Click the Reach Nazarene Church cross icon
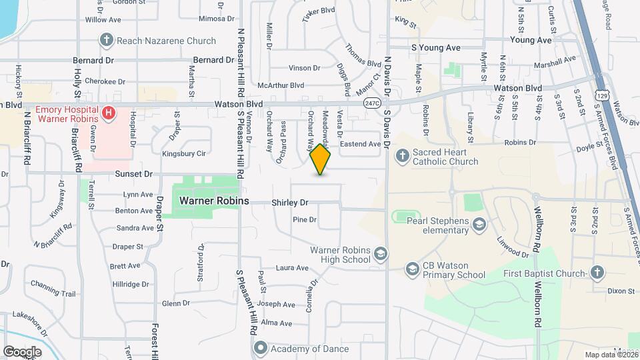[106, 41]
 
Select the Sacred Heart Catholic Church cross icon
[401, 157]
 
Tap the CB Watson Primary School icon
[412, 269]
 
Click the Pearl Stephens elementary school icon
[479, 225]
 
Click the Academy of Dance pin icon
[260, 349]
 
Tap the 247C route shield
[372, 103]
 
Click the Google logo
[22, 351]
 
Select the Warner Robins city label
[214, 200]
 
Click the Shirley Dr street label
[289, 202]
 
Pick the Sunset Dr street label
[133, 174]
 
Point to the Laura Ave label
[292, 268]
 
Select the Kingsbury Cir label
[185, 153]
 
